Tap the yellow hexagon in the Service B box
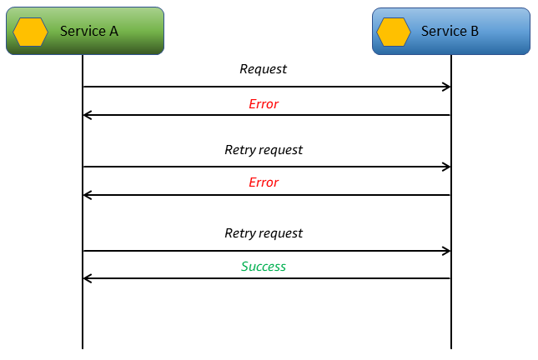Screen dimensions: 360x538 (394, 32)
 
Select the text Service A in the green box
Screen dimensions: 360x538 (89, 31)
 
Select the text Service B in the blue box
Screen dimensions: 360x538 (450, 31)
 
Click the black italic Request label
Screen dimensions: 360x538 (263, 69)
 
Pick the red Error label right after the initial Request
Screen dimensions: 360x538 (263, 104)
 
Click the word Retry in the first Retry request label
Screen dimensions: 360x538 (239, 150)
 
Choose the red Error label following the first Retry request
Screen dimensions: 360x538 (263, 182)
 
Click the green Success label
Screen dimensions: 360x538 (263, 267)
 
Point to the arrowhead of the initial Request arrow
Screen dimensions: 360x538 (446, 87)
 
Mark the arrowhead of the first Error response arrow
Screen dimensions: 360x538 (88, 115)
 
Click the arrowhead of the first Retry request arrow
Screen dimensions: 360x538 (446, 167)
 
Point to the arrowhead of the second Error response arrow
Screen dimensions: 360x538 (88, 195)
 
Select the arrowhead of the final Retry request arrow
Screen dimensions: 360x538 (446, 251)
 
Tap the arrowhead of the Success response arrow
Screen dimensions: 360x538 (88, 278)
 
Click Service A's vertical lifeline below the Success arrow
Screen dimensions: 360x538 (83, 317)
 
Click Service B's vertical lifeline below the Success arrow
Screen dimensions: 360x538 (451, 317)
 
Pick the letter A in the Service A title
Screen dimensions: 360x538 (113, 31)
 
